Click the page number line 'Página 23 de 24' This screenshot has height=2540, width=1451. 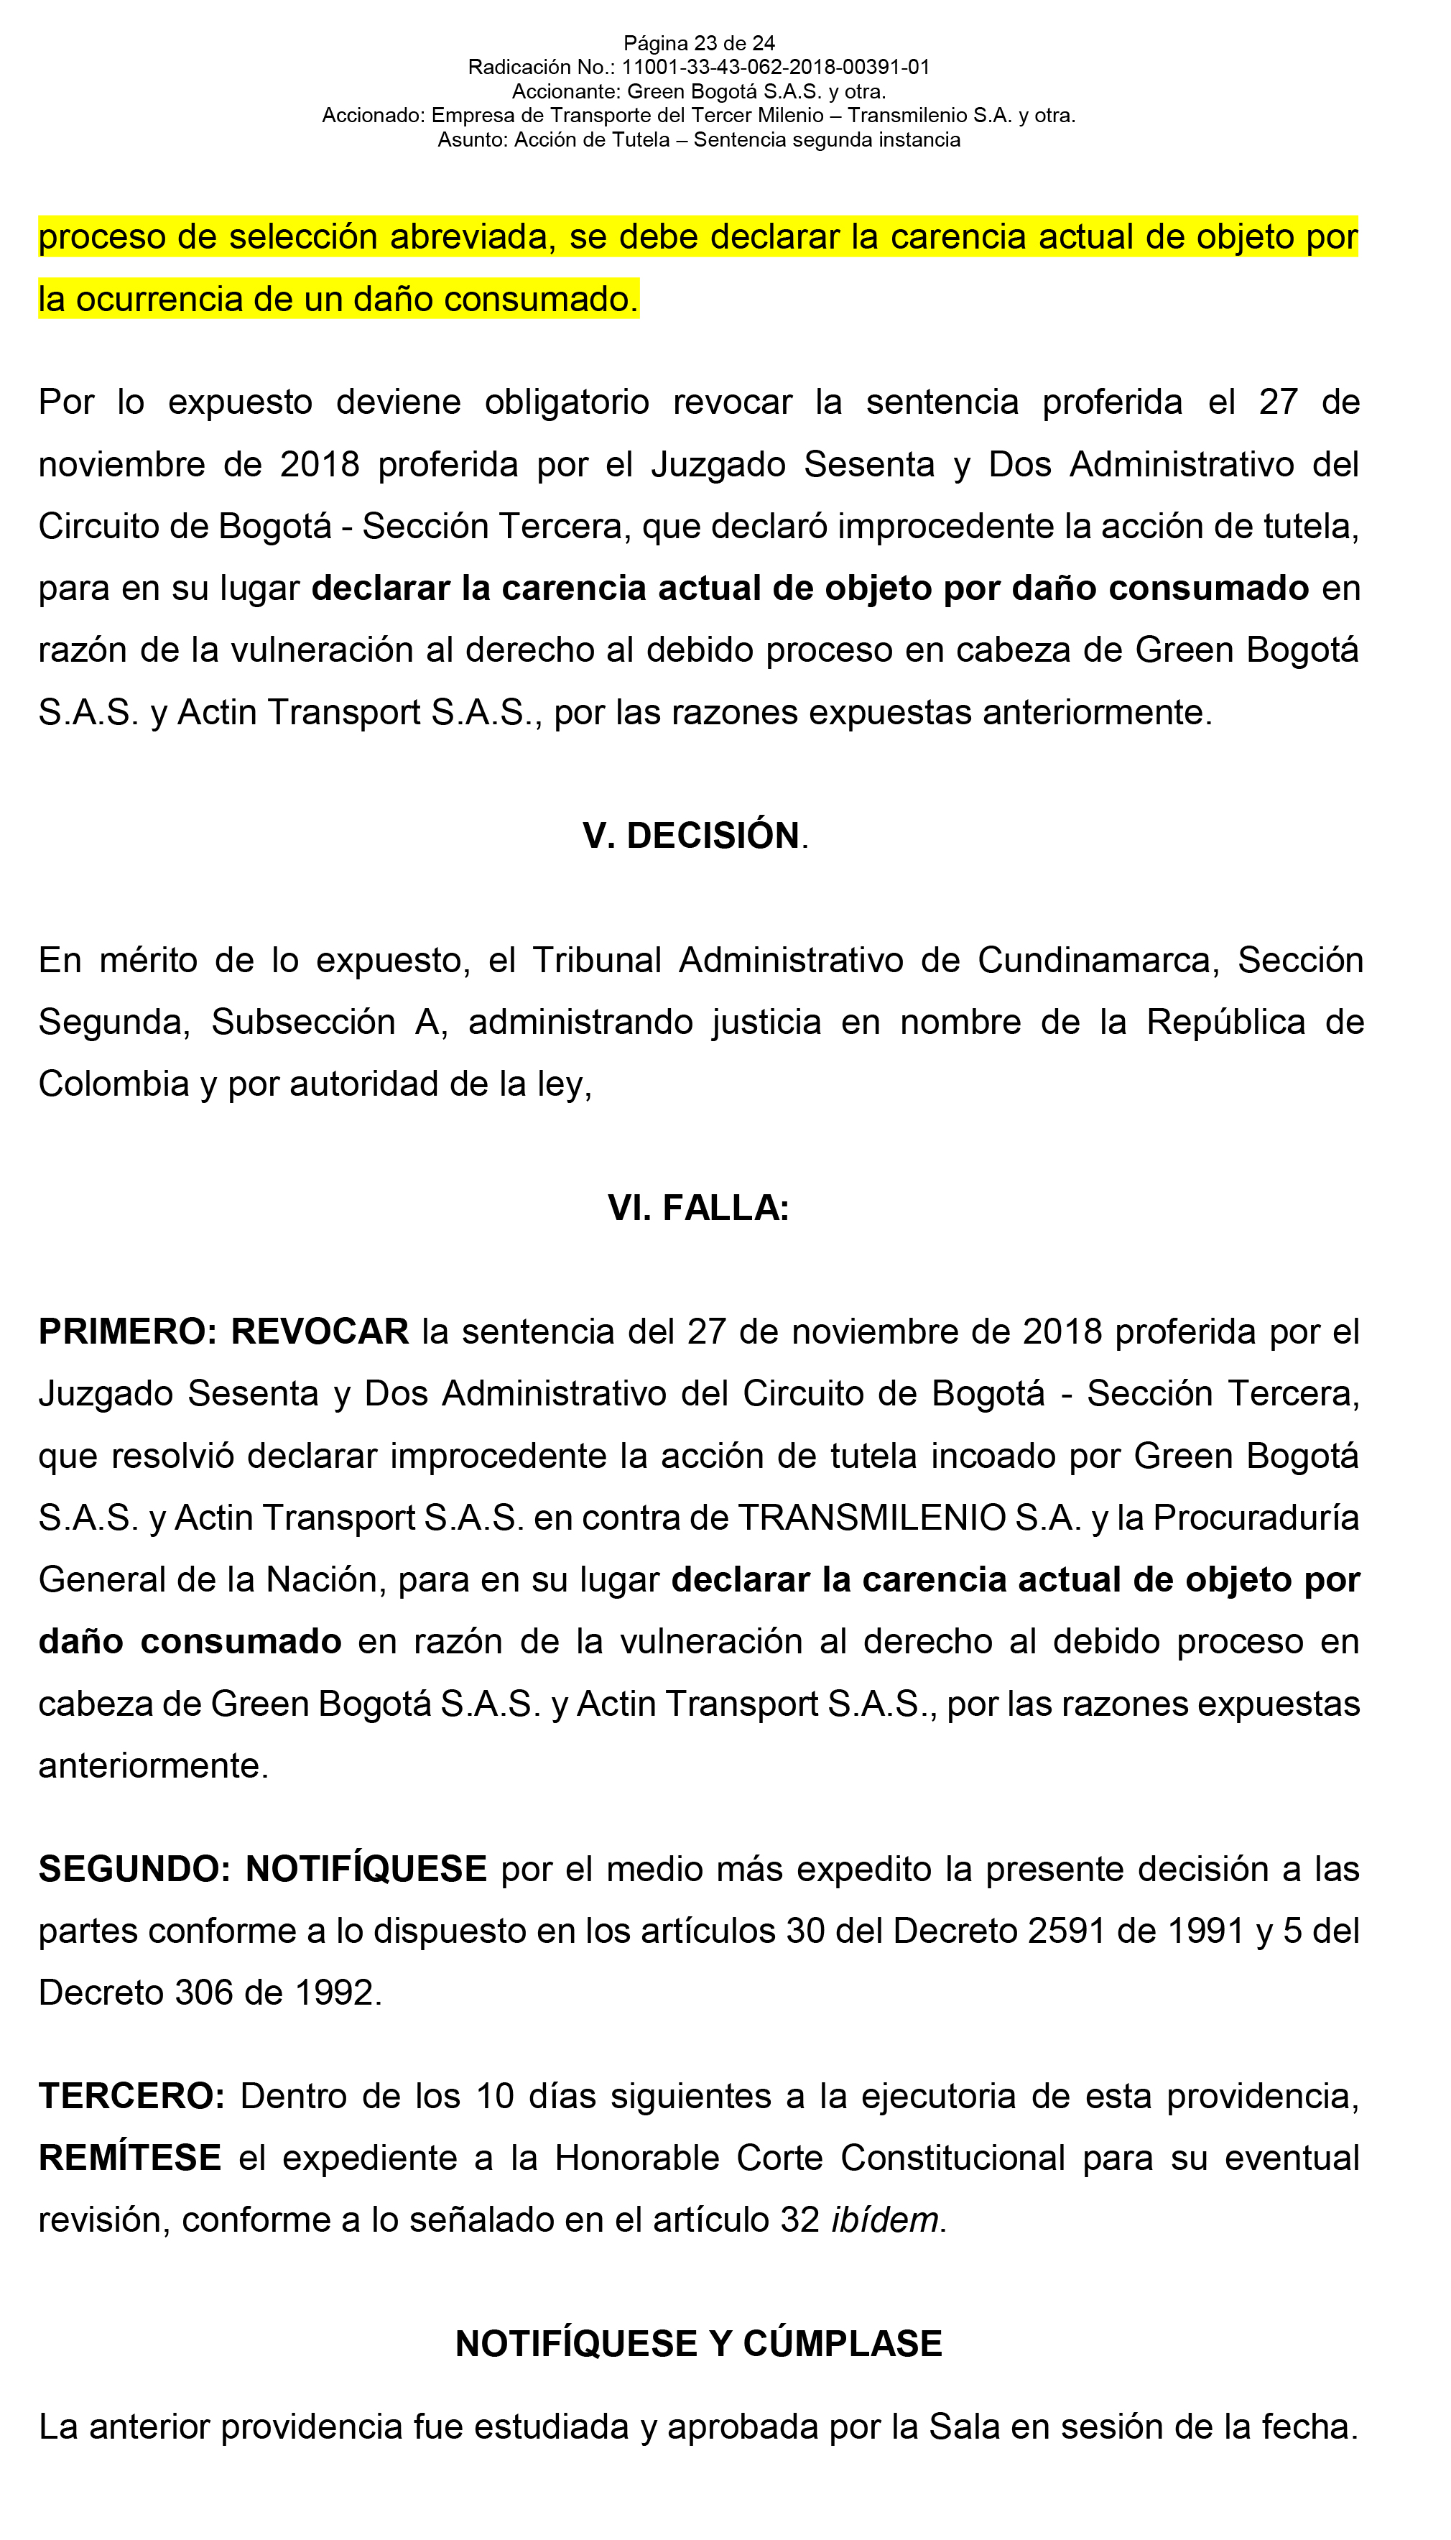tap(699, 43)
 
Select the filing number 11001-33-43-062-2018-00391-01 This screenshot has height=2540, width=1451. tap(775, 68)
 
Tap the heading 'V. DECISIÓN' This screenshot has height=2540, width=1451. tap(692, 836)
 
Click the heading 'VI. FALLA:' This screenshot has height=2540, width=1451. tap(699, 1208)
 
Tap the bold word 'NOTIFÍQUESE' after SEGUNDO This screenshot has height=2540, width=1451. tap(366, 1869)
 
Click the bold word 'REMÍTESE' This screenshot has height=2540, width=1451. tap(129, 2158)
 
